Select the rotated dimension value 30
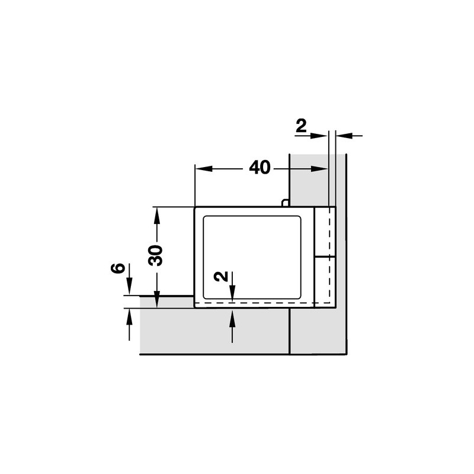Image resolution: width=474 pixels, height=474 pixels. pos(156,255)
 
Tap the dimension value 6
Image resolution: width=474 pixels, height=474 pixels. pos(118,268)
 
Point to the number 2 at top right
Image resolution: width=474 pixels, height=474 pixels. pos(301,126)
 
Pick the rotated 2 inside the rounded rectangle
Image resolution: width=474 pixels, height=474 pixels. pos(220,276)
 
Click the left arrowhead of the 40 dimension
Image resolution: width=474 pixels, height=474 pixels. pos(204,169)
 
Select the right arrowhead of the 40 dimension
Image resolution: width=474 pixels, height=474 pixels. pos(319,169)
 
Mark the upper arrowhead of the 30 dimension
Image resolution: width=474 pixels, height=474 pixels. pos(156,216)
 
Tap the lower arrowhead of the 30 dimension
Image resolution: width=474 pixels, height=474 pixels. pos(156,299)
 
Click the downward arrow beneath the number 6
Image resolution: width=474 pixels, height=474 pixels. pos(129,279)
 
